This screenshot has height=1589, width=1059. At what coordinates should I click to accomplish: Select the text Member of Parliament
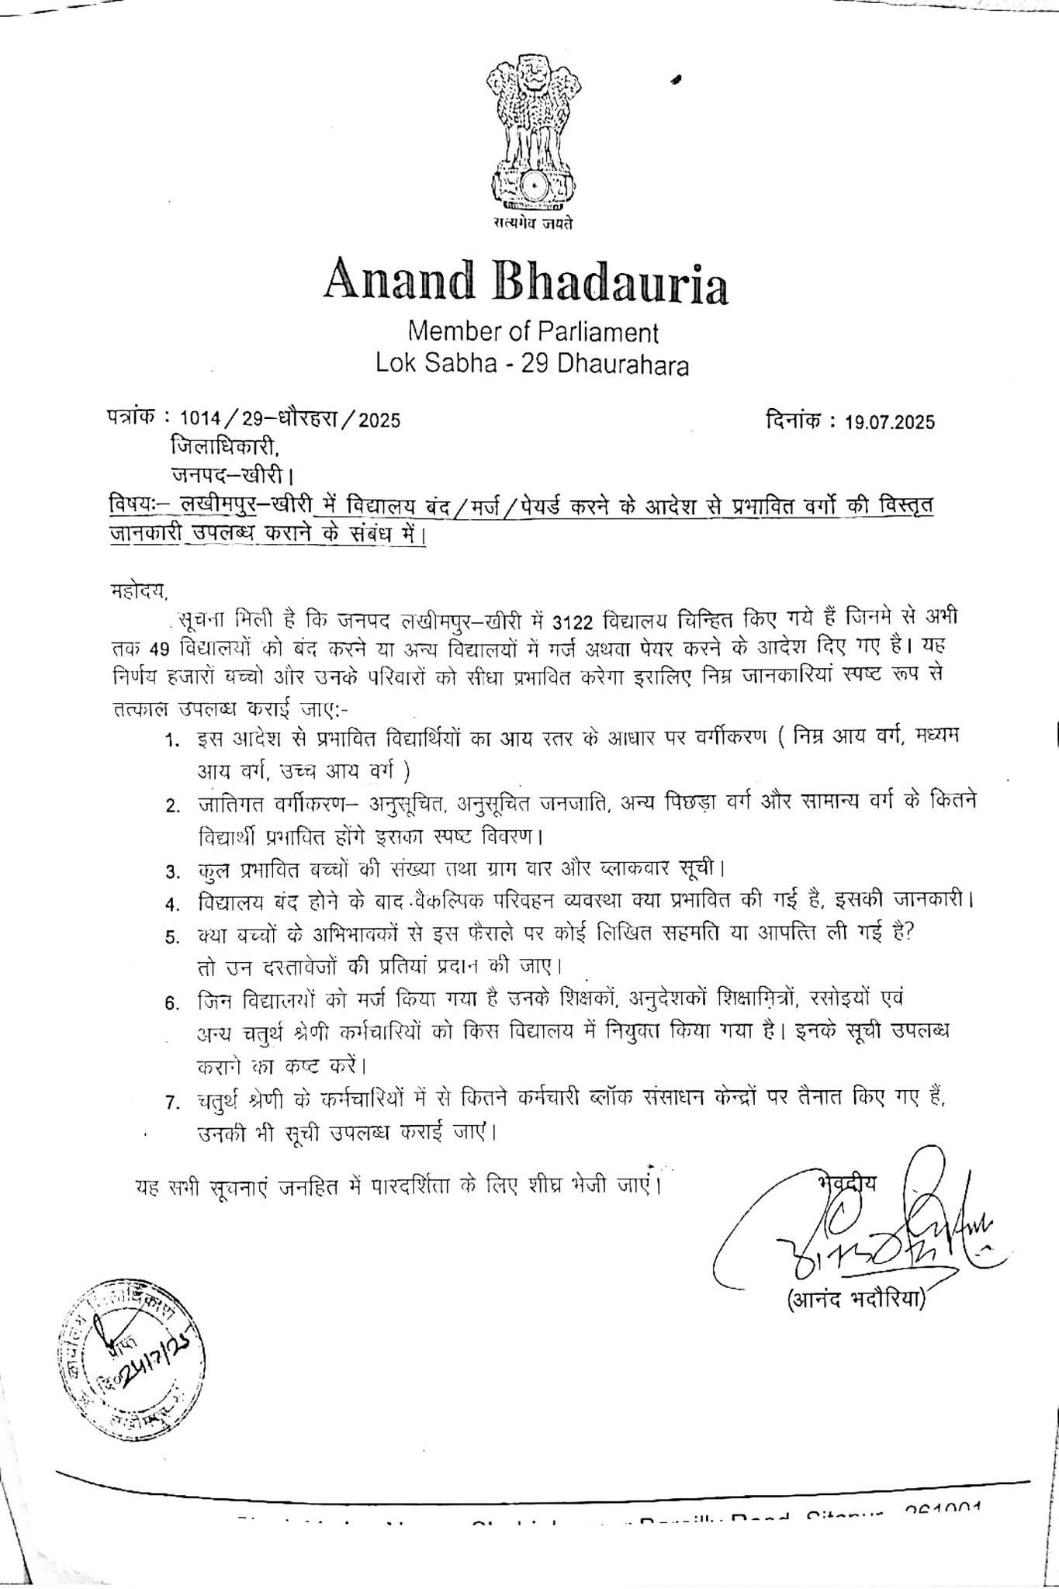coord(533,332)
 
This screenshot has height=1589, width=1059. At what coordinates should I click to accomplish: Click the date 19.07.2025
coord(891,422)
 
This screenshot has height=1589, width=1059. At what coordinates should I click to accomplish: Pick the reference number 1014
coord(200,420)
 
